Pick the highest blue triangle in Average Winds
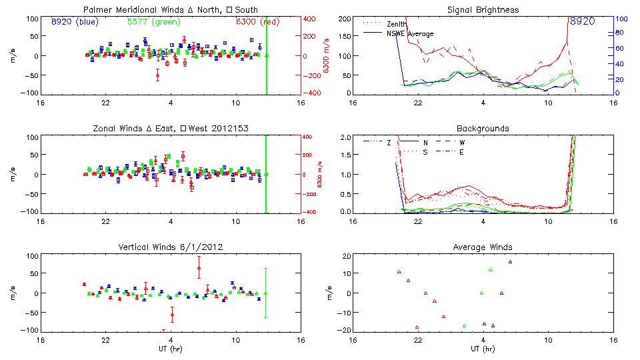point(510,261)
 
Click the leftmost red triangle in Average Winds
point(399,271)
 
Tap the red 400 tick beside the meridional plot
point(310,19)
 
